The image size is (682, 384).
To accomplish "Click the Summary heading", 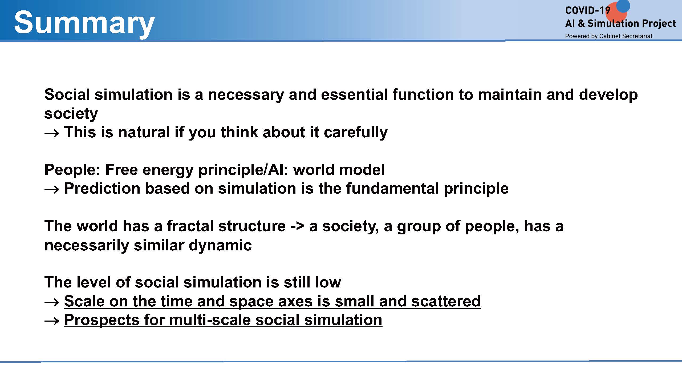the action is click(84, 23).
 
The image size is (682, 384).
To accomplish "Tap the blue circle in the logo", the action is click(623, 6).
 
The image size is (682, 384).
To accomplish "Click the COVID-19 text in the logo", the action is click(588, 11).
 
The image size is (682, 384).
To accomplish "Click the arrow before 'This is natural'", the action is click(52, 133).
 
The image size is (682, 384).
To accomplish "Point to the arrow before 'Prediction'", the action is click(52, 190).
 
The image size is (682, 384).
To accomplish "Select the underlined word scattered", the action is click(446, 301).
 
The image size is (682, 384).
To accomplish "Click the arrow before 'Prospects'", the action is click(52, 321).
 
